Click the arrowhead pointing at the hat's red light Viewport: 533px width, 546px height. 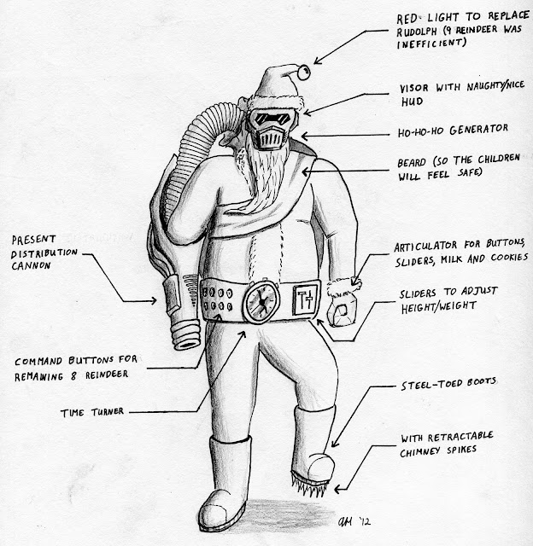click(315, 59)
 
